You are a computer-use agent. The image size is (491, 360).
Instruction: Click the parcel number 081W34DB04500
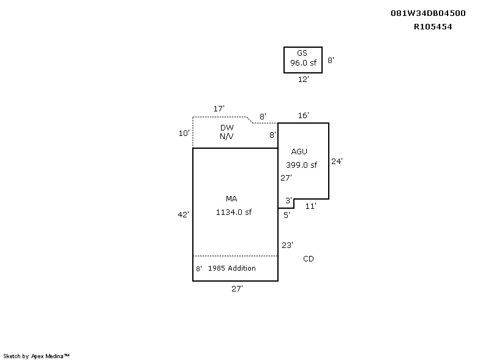(x=428, y=13)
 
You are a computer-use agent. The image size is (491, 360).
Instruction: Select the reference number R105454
(x=433, y=26)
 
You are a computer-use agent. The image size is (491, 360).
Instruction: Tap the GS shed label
(x=302, y=53)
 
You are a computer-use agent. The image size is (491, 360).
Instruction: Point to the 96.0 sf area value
(x=303, y=62)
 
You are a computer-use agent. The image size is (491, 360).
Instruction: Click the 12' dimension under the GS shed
(x=303, y=79)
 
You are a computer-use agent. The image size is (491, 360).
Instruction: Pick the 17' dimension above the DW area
(x=219, y=108)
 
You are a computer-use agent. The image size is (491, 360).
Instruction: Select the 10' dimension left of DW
(x=184, y=133)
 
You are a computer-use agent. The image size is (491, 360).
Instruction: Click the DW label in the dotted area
(x=227, y=127)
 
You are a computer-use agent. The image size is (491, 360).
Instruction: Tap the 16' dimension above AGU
(x=303, y=116)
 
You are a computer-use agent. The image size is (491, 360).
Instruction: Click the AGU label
(x=299, y=151)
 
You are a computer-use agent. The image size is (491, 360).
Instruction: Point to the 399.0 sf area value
(x=301, y=165)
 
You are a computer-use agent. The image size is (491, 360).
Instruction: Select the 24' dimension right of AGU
(x=337, y=161)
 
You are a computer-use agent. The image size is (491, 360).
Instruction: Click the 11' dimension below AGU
(x=310, y=206)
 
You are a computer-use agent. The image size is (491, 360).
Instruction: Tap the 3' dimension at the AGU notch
(x=288, y=200)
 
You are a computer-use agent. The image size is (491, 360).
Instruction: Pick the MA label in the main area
(x=231, y=198)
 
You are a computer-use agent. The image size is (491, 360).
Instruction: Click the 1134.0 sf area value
(x=234, y=212)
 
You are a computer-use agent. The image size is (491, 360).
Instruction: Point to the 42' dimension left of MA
(x=183, y=214)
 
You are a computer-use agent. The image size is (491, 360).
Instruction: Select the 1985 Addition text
(x=231, y=268)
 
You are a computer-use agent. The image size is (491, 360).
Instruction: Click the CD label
(x=309, y=258)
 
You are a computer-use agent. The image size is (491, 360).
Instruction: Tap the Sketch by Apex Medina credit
(x=36, y=356)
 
